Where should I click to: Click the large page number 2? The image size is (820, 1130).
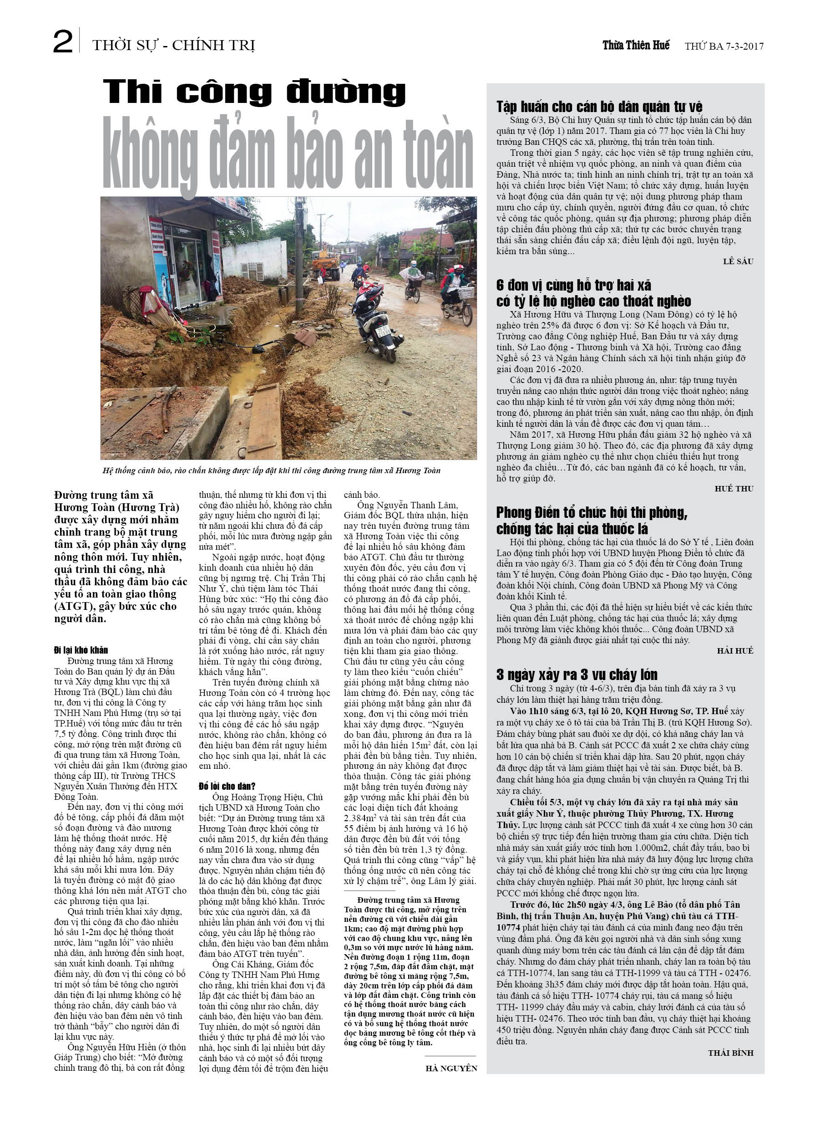(x=63, y=42)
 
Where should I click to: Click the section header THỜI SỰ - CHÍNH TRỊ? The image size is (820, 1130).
(x=173, y=46)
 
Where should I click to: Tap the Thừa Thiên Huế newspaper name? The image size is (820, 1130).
(x=636, y=46)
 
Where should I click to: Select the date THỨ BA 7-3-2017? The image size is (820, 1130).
(x=724, y=46)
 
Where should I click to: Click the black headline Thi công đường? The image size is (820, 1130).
(x=254, y=92)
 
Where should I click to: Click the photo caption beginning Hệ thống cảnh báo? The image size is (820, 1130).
(x=271, y=470)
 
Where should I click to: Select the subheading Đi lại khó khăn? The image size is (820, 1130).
(x=81, y=650)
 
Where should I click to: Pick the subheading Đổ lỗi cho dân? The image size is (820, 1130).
(x=227, y=786)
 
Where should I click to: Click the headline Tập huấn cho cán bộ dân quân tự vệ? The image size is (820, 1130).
(x=599, y=107)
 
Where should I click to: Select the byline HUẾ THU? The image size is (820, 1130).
(x=734, y=489)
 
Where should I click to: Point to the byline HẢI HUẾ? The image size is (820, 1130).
(x=735, y=651)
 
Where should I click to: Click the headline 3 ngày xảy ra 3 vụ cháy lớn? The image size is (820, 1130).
(x=577, y=675)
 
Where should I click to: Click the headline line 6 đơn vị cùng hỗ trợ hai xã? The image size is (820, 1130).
(x=573, y=285)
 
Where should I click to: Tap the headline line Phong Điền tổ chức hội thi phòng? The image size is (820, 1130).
(x=592, y=513)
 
